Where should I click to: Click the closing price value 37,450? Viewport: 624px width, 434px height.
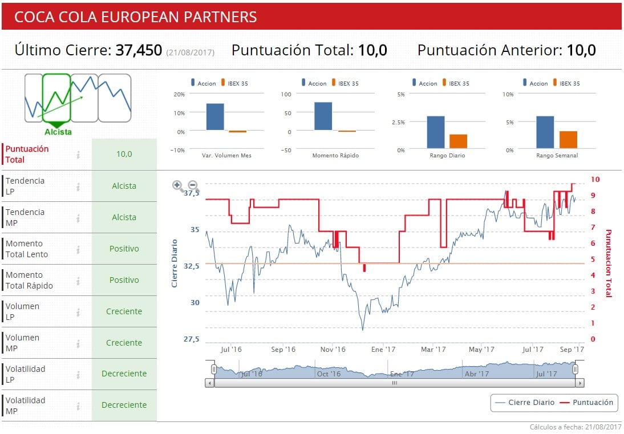coord(139,50)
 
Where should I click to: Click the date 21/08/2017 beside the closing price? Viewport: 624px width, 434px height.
coord(191,52)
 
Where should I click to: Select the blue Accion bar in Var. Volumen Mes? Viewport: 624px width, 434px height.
coord(214,117)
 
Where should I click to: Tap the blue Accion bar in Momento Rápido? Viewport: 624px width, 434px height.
coord(323,116)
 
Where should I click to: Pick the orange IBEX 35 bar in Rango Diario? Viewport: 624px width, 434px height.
coord(458,141)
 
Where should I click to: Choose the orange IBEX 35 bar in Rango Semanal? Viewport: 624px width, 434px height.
coord(568,140)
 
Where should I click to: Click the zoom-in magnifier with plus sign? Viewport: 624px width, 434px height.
coord(177,185)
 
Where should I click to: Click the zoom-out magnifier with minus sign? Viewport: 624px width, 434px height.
coord(193,185)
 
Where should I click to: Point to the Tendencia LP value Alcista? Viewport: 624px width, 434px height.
coord(124,186)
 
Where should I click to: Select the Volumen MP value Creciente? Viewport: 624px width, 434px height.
coord(124,343)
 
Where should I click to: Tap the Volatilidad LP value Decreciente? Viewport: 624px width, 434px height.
coord(124,374)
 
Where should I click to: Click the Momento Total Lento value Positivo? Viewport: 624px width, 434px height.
coord(124,249)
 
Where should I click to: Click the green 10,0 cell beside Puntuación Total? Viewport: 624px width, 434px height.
coord(124,154)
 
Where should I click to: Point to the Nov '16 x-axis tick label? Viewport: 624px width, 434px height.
coord(333,350)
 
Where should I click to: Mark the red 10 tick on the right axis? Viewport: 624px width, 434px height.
coord(595,179)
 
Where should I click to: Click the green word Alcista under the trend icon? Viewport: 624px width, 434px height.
coord(58,132)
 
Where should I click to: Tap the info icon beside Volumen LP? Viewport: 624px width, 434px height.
coord(78,312)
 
